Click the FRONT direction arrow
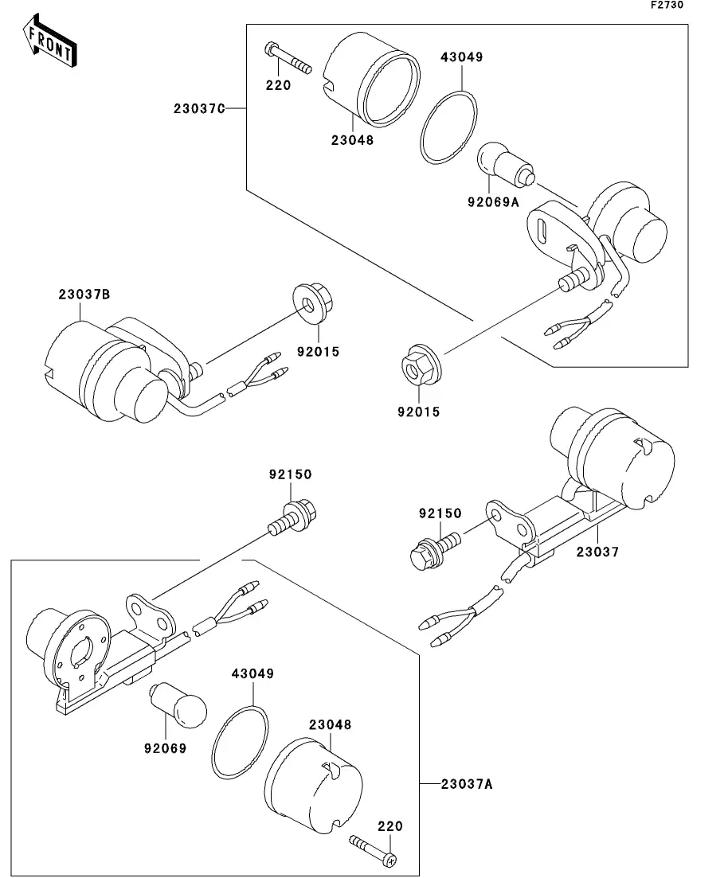coord(49,42)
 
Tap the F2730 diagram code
coord(667,5)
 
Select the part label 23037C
coord(199,108)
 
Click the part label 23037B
coord(84,294)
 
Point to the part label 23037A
coord(467,784)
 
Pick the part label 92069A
coord(494,201)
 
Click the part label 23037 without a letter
coord(598,552)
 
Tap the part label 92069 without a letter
coord(166,748)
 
